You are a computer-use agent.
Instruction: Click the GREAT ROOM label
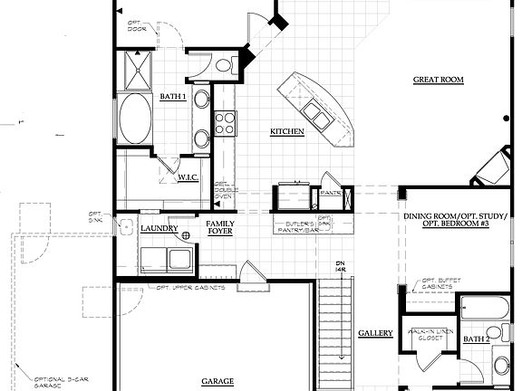coord(438,80)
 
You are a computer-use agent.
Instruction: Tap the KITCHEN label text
coord(286,132)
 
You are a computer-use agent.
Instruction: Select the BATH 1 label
coord(172,97)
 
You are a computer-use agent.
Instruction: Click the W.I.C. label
coord(188,177)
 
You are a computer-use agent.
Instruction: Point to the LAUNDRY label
coord(159,230)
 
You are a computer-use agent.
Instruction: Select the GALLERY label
coord(375,334)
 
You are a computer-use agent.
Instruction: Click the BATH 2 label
coord(477,339)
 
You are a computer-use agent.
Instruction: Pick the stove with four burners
coord(225,122)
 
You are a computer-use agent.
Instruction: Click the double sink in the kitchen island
coord(317,111)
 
